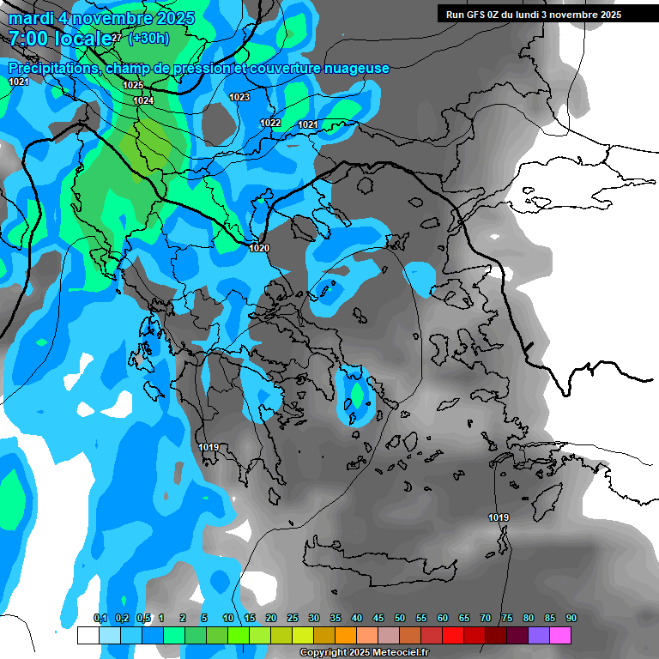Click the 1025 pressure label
click(133, 85)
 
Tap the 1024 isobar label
click(143, 101)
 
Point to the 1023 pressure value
click(239, 97)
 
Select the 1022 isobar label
click(270, 123)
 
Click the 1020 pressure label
click(259, 248)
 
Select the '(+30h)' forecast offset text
click(148, 39)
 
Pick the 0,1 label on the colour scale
click(100, 619)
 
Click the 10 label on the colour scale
click(228, 619)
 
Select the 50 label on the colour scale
click(400, 619)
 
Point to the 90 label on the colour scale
click(571, 619)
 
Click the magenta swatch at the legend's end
click(560, 635)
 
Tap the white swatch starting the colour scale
click(88, 635)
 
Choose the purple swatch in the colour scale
click(539, 635)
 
